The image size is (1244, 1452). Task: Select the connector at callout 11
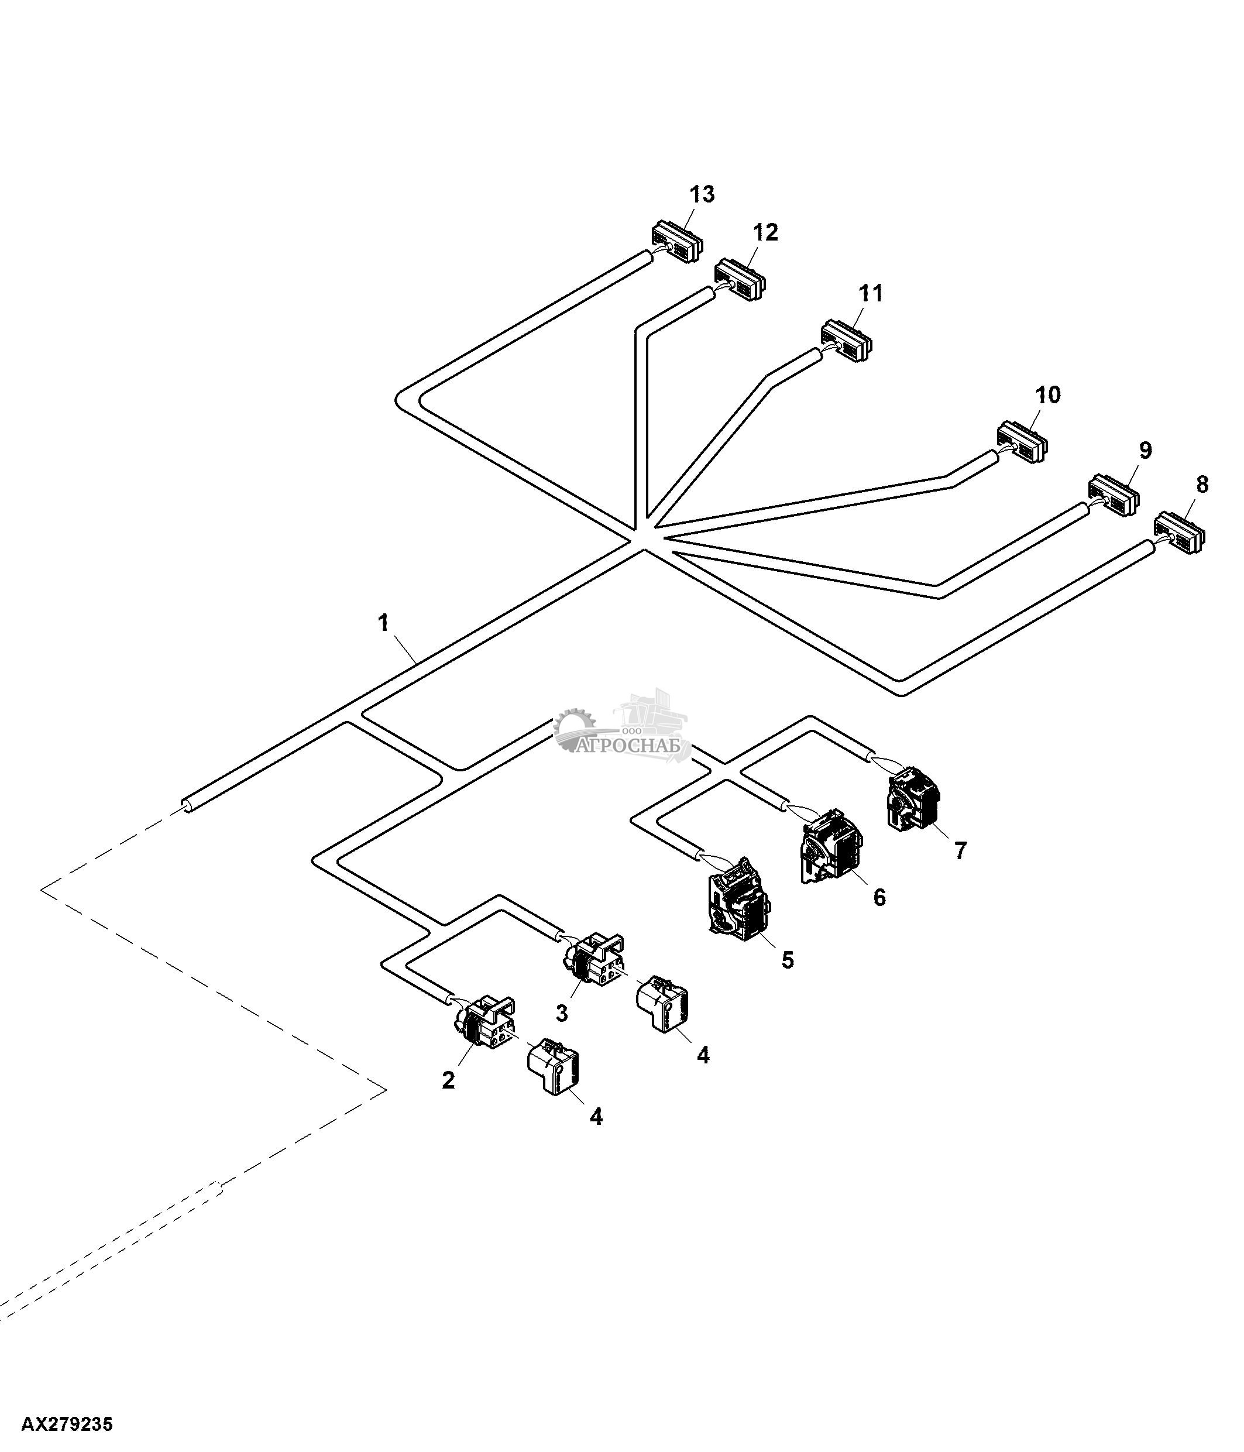tap(847, 341)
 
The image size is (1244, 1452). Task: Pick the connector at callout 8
tap(1180, 532)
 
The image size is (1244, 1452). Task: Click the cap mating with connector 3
tap(661, 1004)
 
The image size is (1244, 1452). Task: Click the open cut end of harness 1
tap(186, 806)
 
